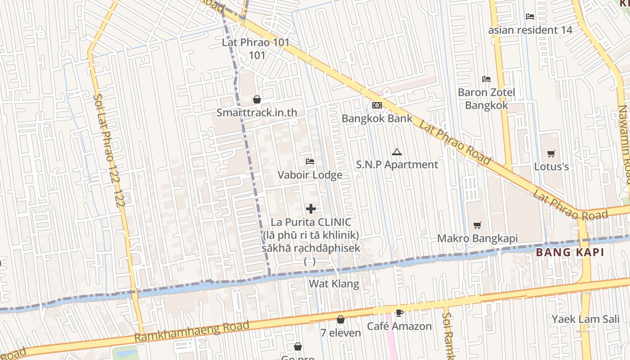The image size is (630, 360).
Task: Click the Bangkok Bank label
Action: tap(377, 118)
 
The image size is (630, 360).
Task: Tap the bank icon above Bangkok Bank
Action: tap(377, 105)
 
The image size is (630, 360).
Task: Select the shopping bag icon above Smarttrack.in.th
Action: tap(257, 99)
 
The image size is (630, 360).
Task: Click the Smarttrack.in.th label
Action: tap(257, 112)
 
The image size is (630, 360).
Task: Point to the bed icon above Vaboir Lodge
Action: tap(310, 162)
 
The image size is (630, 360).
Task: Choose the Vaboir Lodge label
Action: tap(310, 175)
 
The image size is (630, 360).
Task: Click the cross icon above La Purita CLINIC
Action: tap(310, 209)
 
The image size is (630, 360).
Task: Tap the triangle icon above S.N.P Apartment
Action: tap(396, 152)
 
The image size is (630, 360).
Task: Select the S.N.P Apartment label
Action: tap(397, 165)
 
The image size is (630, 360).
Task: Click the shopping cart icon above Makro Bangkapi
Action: tap(477, 225)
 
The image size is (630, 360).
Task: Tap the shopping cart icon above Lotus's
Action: tap(551, 154)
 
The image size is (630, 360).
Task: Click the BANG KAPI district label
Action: tap(570, 252)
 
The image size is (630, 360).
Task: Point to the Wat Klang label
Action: tap(333, 283)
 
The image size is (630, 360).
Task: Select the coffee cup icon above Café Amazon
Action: tap(399, 313)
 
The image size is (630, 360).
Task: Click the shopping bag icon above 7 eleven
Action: tap(341, 319)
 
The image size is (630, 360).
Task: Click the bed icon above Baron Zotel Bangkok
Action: tap(486, 79)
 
